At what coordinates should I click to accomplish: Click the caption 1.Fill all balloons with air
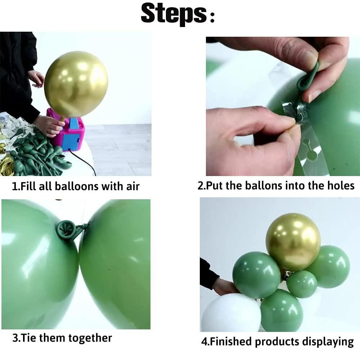tap(76, 186)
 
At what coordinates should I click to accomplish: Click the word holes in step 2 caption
tap(338, 185)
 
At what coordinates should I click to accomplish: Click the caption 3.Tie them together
tap(62, 338)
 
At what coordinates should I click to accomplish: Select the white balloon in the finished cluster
tap(230, 315)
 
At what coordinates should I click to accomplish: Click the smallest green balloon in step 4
tap(301, 284)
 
